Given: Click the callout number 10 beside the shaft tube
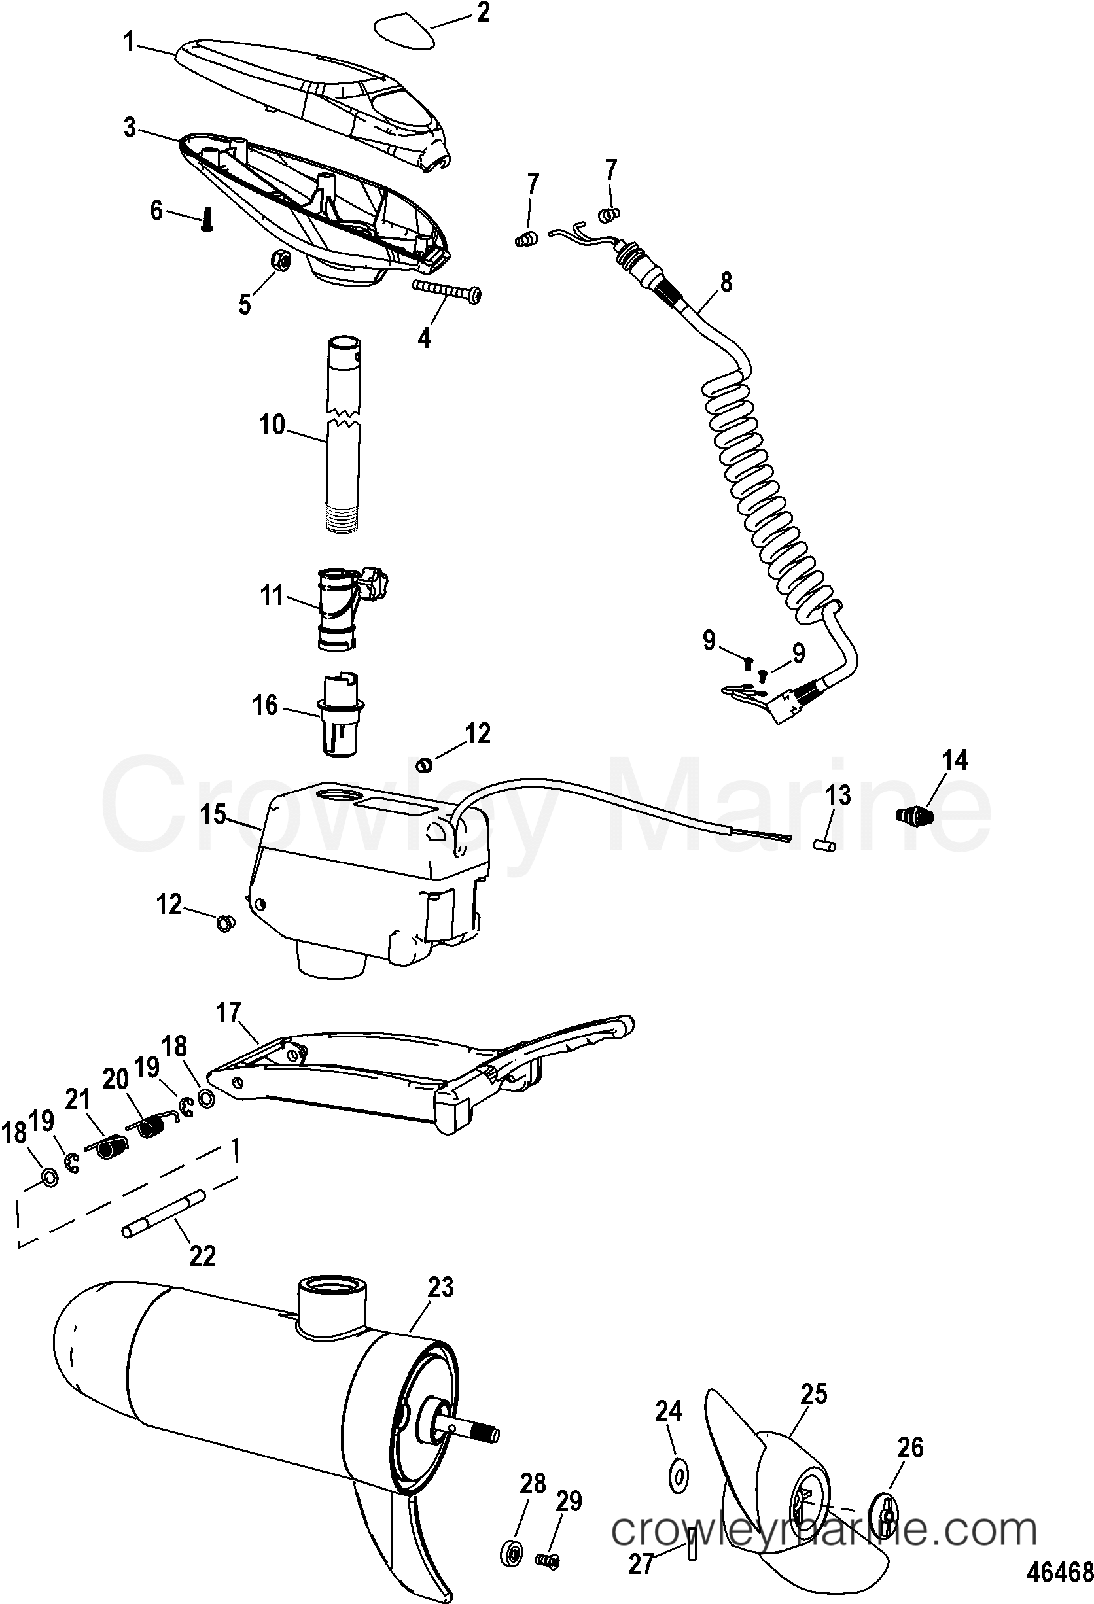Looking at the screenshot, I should (x=272, y=426).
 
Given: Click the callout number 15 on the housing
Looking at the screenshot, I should (x=214, y=814).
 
